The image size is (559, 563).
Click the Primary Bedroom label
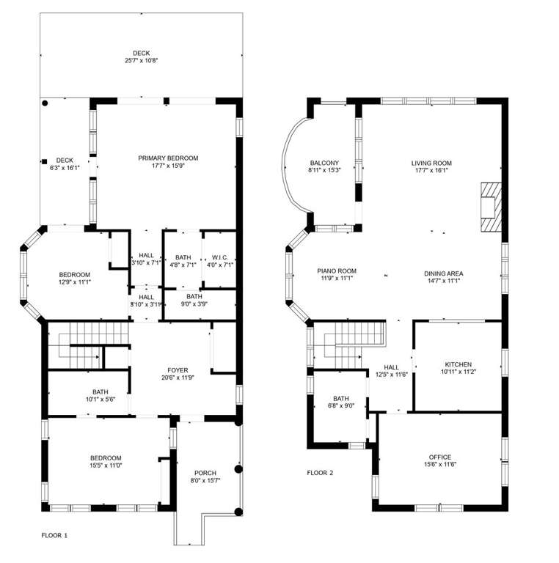[168, 158]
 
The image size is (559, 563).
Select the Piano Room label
[337, 271]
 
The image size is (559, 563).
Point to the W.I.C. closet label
[220, 257]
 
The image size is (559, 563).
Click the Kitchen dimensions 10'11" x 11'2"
[458, 372]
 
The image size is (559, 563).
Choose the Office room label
[440, 457]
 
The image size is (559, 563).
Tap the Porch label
[205, 473]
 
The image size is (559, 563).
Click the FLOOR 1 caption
[54, 535]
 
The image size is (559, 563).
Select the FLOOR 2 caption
[320, 473]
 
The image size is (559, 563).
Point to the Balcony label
[324, 163]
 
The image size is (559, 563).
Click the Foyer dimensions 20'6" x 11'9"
[178, 378]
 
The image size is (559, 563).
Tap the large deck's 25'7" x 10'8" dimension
[142, 61]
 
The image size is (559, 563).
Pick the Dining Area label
[444, 273]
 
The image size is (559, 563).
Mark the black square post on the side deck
[44, 161]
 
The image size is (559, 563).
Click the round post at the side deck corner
[45, 103]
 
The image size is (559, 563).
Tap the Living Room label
[431, 163]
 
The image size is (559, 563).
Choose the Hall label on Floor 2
[391, 367]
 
